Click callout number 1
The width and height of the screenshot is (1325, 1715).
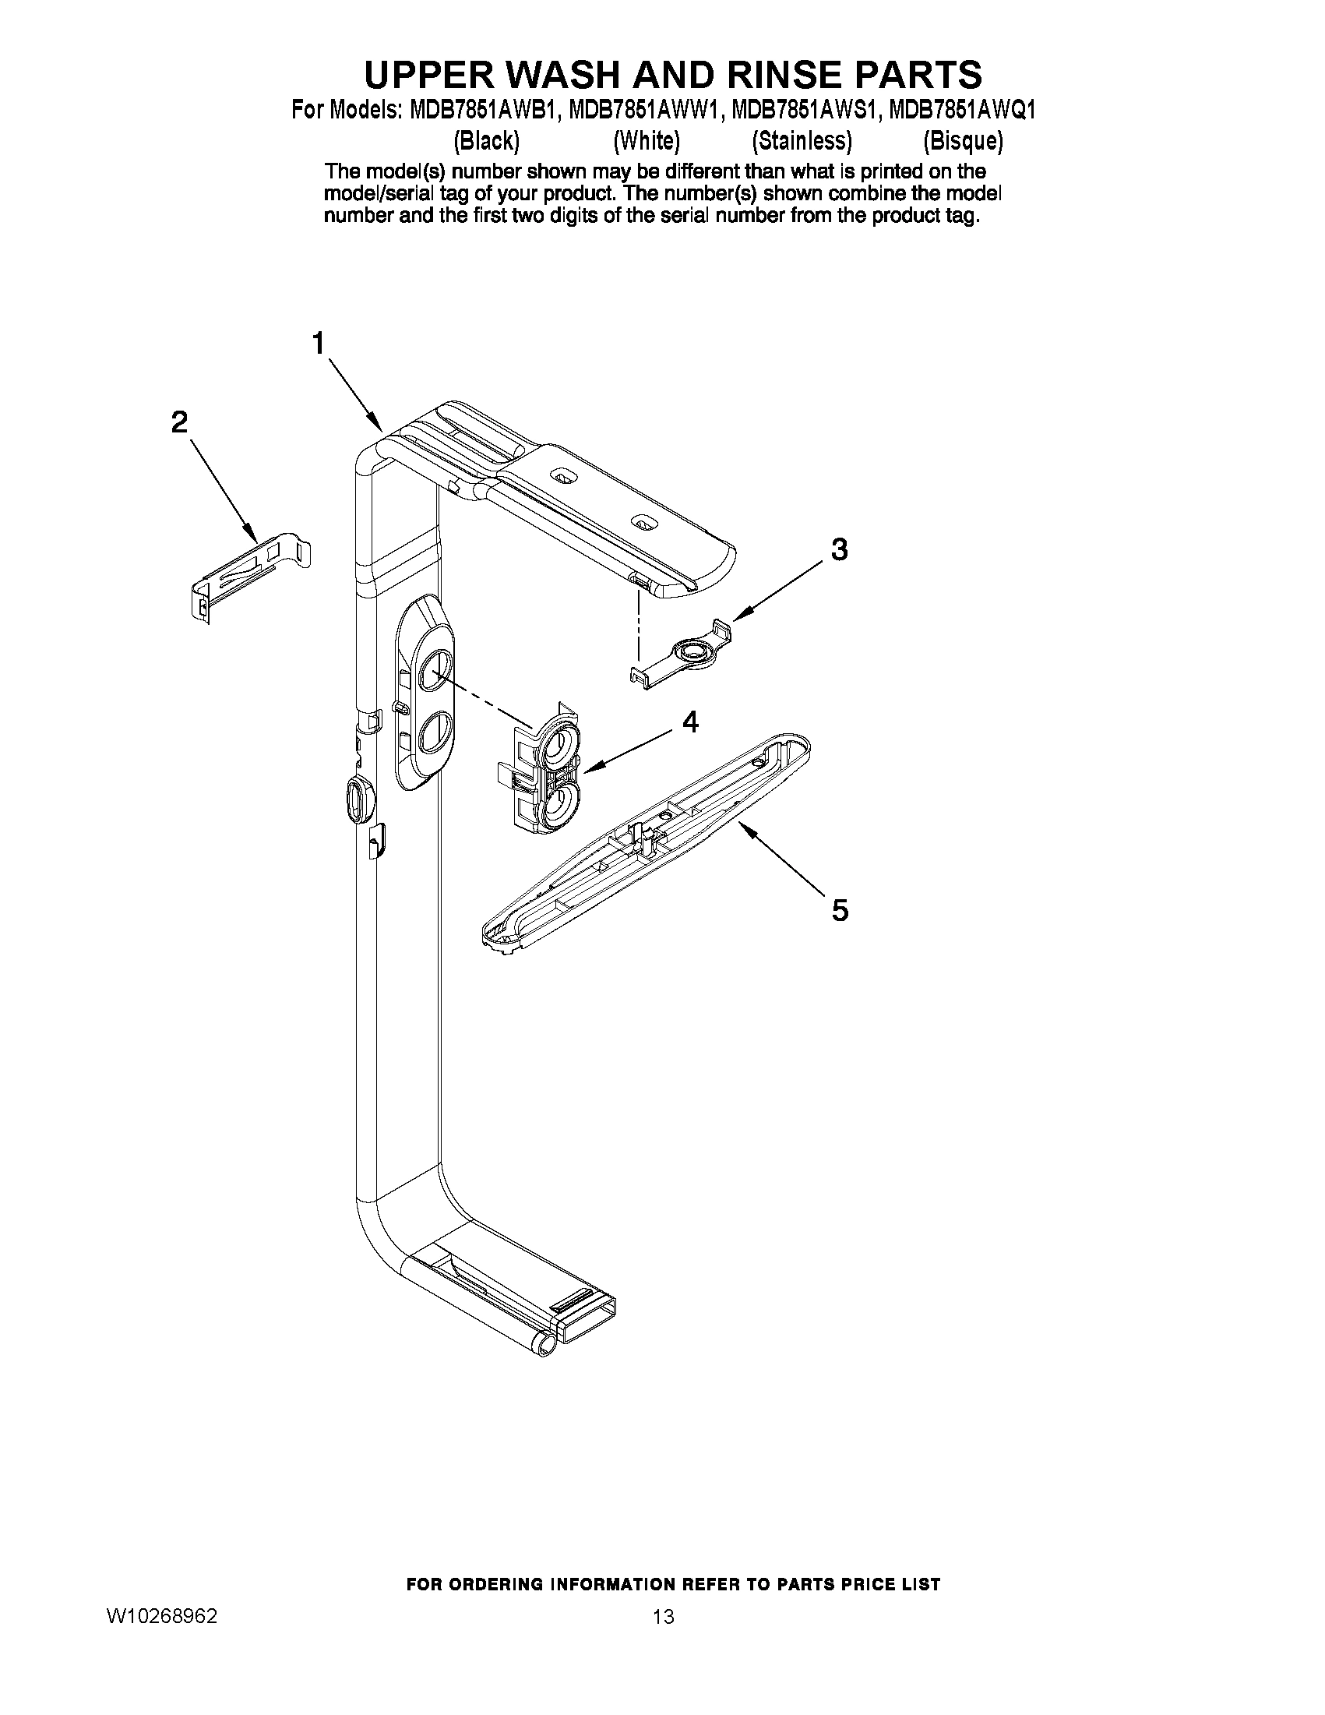click(x=319, y=344)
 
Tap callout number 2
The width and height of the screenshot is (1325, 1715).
click(x=180, y=422)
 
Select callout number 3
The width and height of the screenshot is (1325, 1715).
click(x=839, y=549)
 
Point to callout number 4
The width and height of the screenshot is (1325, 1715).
click(x=690, y=721)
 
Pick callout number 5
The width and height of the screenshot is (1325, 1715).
click(x=840, y=910)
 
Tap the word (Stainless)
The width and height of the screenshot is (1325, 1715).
click(x=802, y=140)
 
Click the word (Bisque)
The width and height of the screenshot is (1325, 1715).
click(x=962, y=140)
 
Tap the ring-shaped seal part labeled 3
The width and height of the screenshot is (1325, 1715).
click(x=691, y=651)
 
